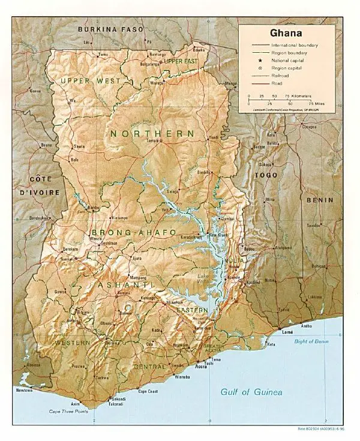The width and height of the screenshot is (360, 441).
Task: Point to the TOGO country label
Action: [263, 175]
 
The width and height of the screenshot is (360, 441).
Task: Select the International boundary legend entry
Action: [294, 46]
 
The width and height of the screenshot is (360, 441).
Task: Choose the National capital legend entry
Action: [289, 61]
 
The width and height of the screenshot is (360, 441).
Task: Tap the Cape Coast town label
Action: [148, 392]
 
